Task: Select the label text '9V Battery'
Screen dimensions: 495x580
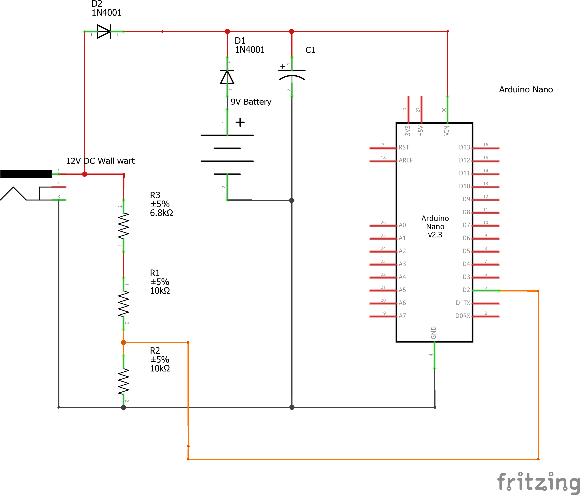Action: pyautogui.click(x=251, y=102)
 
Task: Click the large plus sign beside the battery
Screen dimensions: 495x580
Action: pyautogui.click(x=240, y=122)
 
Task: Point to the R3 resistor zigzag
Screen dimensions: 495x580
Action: pyautogui.click(x=123, y=226)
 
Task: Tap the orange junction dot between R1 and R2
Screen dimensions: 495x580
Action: pyautogui.click(x=123, y=342)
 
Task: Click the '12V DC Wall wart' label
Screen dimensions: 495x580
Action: pyautogui.click(x=100, y=161)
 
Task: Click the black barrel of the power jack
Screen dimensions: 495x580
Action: pyautogui.click(x=26, y=174)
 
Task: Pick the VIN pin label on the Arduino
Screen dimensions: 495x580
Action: pyautogui.click(x=447, y=131)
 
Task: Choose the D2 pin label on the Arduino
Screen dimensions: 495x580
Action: pyautogui.click(x=466, y=290)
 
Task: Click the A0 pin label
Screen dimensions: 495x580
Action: pyautogui.click(x=402, y=225)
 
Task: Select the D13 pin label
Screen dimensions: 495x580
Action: pyautogui.click(x=464, y=147)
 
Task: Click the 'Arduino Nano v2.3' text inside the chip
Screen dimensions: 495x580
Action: pyautogui.click(x=435, y=226)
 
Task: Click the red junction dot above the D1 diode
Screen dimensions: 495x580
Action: pyautogui.click(x=227, y=31)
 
